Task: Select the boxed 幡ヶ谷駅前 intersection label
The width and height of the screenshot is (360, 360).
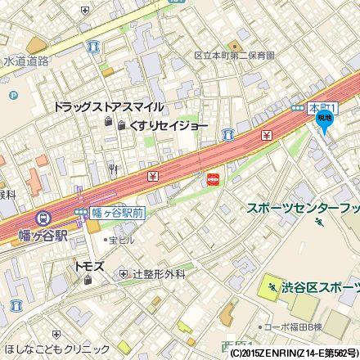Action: click(115, 212)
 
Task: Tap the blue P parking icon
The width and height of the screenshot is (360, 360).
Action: click(13, 95)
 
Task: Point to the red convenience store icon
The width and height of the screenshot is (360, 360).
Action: click(214, 178)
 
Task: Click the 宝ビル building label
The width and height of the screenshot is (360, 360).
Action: click(122, 241)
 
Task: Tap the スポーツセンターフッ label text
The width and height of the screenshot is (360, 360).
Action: click(303, 208)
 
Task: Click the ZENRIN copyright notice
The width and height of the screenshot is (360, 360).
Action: click(294, 353)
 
